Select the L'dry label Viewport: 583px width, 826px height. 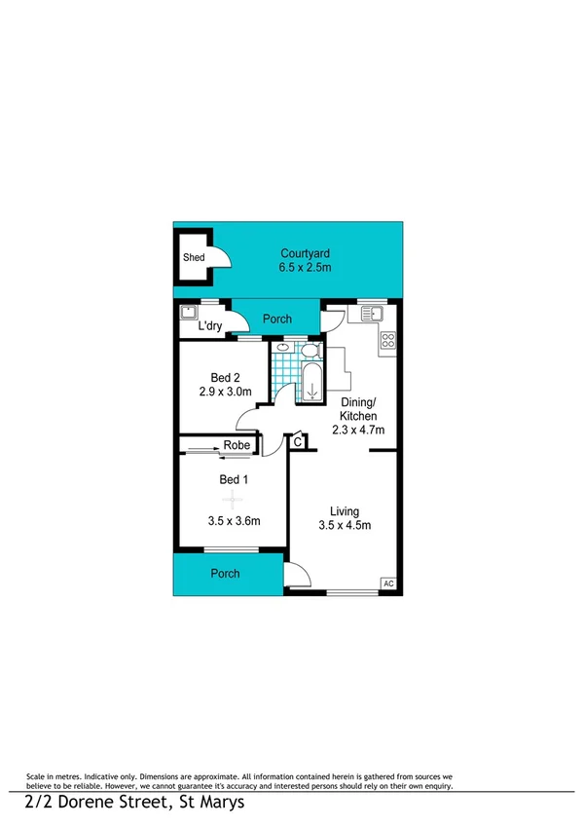(x=209, y=326)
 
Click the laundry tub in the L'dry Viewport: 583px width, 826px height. (x=189, y=314)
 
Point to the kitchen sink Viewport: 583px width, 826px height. (x=373, y=314)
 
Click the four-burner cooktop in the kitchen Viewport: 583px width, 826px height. (x=386, y=340)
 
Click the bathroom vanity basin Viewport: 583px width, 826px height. (x=282, y=349)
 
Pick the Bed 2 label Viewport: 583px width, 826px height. (x=225, y=379)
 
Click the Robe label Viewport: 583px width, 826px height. (x=237, y=446)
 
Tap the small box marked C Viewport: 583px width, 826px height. (x=298, y=443)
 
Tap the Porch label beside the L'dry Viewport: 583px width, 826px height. (x=279, y=319)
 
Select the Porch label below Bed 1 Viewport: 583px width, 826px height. (x=225, y=573)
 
